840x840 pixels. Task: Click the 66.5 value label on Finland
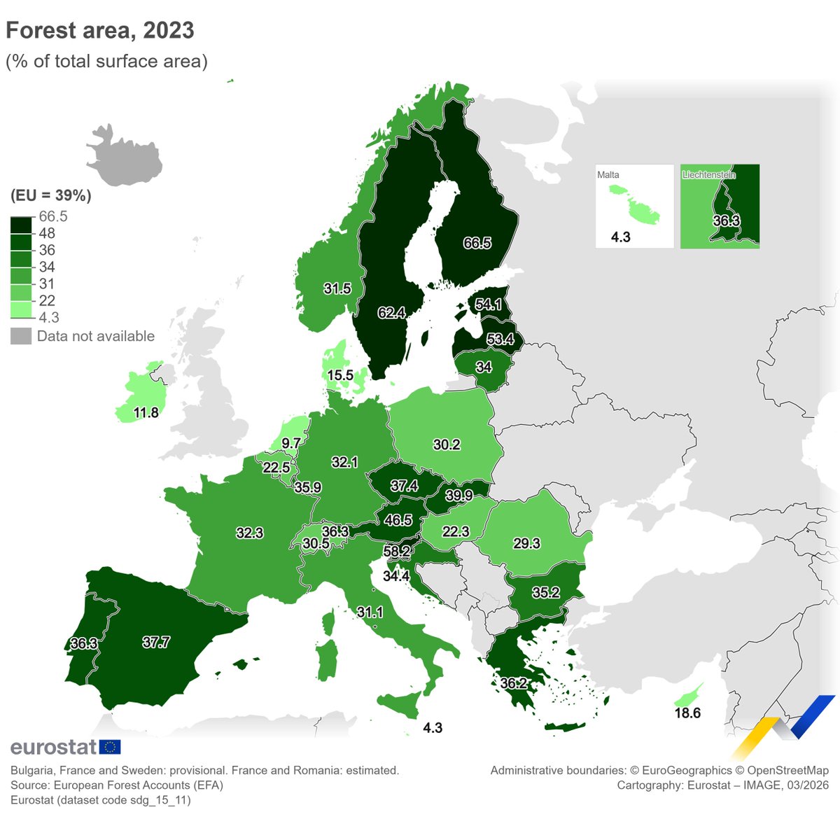tap(477, 243)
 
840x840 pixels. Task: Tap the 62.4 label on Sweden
tap(391, 313)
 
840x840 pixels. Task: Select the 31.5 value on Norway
tap(337, 288)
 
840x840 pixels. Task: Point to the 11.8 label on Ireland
tap(146, 412)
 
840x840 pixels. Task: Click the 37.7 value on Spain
tap(156, 642)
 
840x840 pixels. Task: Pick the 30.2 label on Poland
tap(447, 444)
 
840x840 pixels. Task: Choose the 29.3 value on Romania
tap(526, 543)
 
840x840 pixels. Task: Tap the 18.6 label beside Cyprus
tap(687, 713)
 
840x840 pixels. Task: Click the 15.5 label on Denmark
tap(340, 375)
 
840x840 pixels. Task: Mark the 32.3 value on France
tap(249, 533)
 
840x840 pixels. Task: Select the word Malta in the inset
tap(608, 175)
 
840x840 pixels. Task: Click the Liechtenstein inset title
tap(708, 175)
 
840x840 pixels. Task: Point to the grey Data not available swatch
tap(21, 336)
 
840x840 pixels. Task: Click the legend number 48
tap(47, 233)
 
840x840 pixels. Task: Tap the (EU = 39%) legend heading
tap(51, 195)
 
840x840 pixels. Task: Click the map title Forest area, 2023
tap(100, 30)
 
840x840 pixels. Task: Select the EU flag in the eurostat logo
tap(110, 747)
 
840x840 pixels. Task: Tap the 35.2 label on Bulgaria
tap(545, 593)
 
